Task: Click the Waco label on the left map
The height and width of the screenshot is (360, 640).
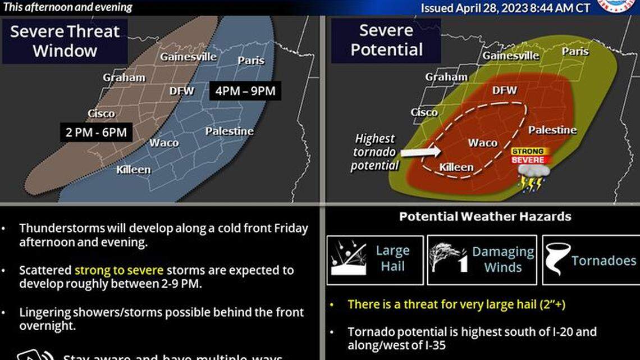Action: [164, 143]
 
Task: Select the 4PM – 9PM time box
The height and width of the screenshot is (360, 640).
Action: [245, 91]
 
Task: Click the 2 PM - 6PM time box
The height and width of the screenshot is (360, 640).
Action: [97, 133]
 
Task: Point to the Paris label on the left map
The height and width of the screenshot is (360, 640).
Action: [250, 61]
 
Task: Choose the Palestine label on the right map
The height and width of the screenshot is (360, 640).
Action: [552, 130]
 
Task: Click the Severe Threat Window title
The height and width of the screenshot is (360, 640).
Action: [65, 40]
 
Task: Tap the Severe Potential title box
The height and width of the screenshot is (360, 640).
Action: [386, 40]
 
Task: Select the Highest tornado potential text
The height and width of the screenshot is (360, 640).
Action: [374, 152]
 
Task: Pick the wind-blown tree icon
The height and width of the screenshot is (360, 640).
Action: [445, 259]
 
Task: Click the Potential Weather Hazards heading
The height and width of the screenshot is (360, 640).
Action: [485, 217]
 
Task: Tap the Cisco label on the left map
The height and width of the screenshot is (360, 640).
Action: [101, 113]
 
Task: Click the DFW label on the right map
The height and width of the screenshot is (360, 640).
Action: [504, 90]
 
